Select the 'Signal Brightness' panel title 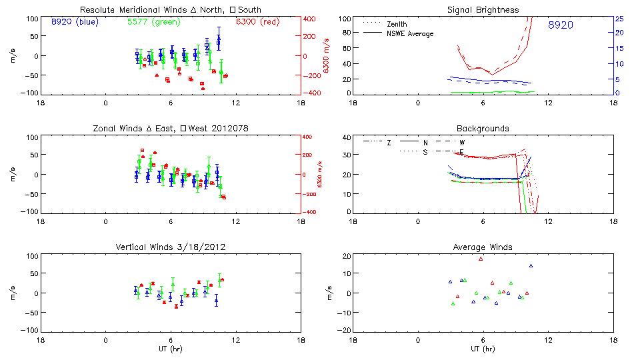click(483, 10)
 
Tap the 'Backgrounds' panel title click(483, 128)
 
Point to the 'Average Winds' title click(483, 247)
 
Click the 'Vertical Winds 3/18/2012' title click(170, 247)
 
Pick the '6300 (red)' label click(256, 22)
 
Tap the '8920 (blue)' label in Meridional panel click(74, 22)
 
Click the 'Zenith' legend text click(397, 24)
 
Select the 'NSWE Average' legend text click(410, 33)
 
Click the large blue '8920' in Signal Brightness click(561, 25)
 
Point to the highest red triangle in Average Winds click(480, 259)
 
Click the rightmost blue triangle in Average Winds click(531, 266)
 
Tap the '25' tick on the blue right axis click(619, 18)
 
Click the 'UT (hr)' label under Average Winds click(483, 349)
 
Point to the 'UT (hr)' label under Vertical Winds click(170, 349)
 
